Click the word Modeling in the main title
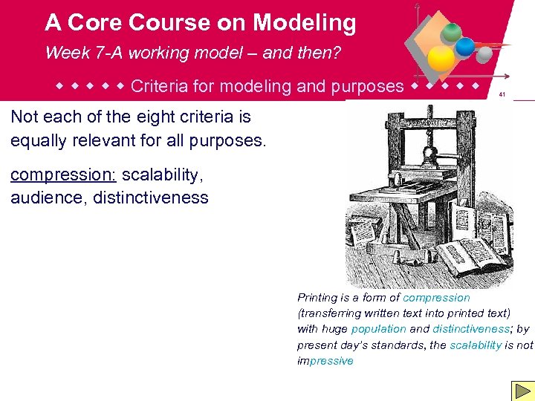pos(305,23)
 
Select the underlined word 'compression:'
pos(63,175)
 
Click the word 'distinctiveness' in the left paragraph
pos(150,198)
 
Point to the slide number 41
pos(502,94)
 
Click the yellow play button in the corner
pos(522,391)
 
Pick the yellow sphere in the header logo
pos(442,57)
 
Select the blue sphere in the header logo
pos(465,47)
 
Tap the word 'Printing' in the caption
pos(317,297)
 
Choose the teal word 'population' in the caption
pos(378,329)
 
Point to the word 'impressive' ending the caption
pos(325,361)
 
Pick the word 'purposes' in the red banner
pos(368,86)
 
